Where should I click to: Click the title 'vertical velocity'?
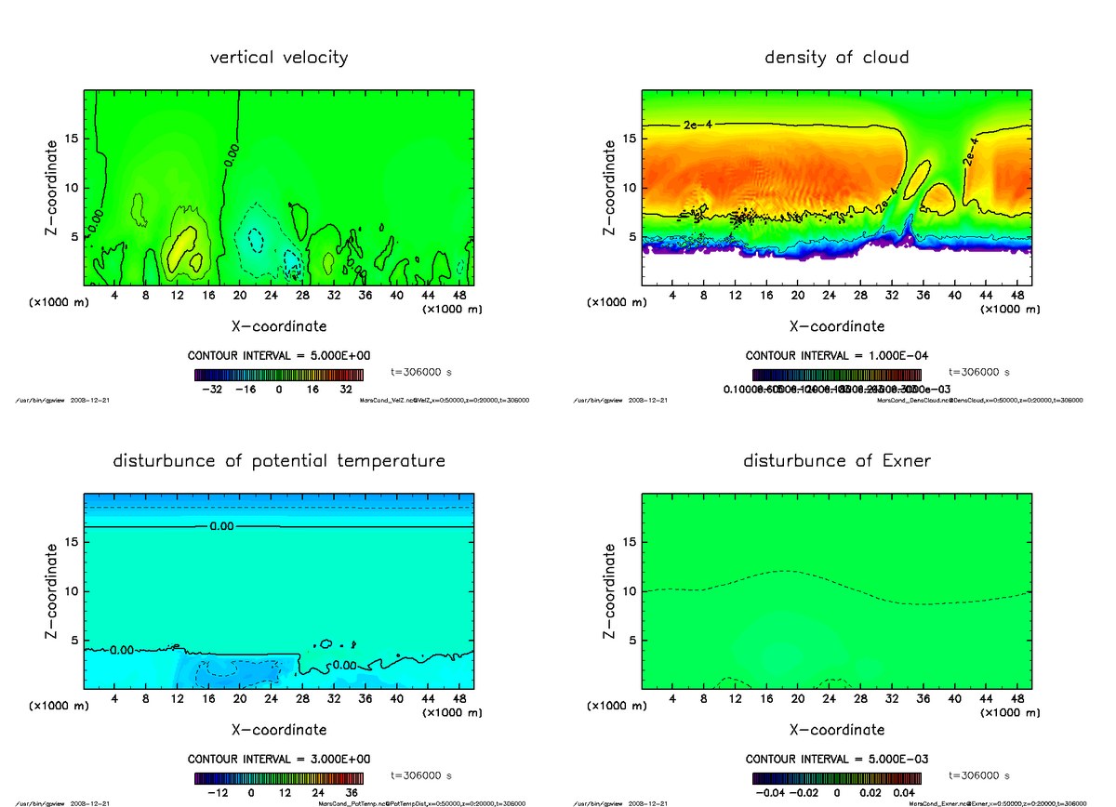[x=279, y=58]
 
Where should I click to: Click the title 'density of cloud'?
[x=836, y=58]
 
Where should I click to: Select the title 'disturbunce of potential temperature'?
[x=279, y=461]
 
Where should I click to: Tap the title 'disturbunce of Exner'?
[x=836, y=461]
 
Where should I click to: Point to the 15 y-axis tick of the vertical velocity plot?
[x=72, y=139]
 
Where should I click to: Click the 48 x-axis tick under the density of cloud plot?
[x=1016, y=296]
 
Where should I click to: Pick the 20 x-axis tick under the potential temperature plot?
[x=239, y=699]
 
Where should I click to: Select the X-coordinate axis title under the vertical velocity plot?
[x=279, y=326]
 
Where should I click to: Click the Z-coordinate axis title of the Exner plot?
[x=609, y=591]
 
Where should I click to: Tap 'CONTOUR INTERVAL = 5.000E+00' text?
[x=279, y=356]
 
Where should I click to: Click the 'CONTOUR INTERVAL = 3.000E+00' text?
[x=279, y=760]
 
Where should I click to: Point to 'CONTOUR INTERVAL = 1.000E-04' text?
[x=836, y=356]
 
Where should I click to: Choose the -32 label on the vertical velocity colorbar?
[x=211, y=390]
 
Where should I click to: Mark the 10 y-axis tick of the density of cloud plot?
[x=630, y=188]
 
